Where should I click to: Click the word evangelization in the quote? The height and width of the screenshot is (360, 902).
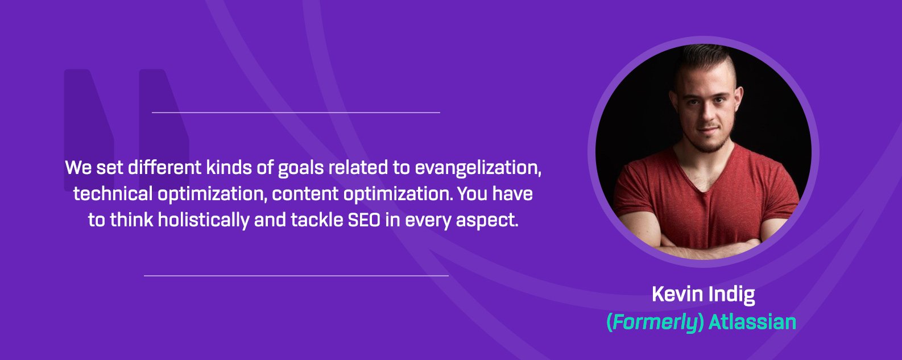click(x=478, y=168)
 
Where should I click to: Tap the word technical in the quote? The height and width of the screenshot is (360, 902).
click(x=113, y=194)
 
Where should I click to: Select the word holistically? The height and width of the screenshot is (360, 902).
click(x=204, y=220)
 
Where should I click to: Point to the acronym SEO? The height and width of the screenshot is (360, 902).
click(x=364, y=220)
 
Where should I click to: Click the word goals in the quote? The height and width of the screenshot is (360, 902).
click(x=301, y=168)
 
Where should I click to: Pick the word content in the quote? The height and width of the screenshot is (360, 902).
click(x=305, y=194)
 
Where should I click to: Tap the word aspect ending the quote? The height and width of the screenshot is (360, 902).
click(x=486, y=221)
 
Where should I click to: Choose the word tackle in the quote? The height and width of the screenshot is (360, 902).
click(x=317, y=220)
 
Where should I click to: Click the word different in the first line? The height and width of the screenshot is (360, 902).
click(x=165, y=168)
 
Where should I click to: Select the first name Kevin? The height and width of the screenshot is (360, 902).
click(x=677, y=294)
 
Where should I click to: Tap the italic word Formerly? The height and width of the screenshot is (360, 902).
click(x=655, y=322)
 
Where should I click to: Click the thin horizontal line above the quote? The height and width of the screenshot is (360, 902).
click(x=296, y=113)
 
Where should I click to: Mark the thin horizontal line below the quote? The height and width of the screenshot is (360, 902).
click(x=296, y=276)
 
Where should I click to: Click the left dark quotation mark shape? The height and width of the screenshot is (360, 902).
click(x=89, y=129)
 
